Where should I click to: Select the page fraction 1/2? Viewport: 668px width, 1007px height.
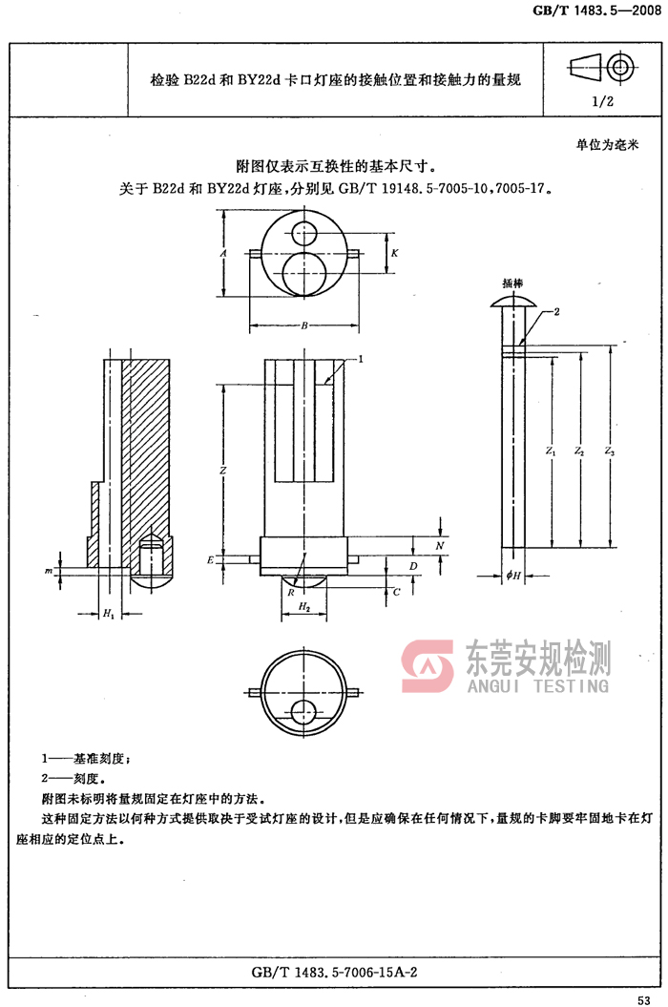click(602, 100)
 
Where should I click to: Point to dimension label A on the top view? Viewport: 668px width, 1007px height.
click(222, 254)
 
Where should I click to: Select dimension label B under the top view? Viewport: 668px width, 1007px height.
click(303, 326)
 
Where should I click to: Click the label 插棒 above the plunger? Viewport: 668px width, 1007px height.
click(513, 283)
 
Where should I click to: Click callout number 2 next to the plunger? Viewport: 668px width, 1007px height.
click(556, 312)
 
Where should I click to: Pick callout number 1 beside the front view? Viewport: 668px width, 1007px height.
click(363, 359)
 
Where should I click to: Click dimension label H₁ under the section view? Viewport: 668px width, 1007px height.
click(108, 613)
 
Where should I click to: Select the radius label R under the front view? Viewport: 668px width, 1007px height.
click(290, 592)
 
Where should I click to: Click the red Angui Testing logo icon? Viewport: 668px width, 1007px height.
click(428, 666)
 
